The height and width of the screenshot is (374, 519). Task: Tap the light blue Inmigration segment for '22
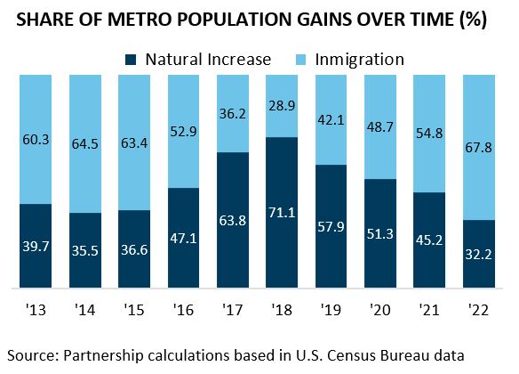pos(477,147)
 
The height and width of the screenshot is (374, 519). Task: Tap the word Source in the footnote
pos(32,354)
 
